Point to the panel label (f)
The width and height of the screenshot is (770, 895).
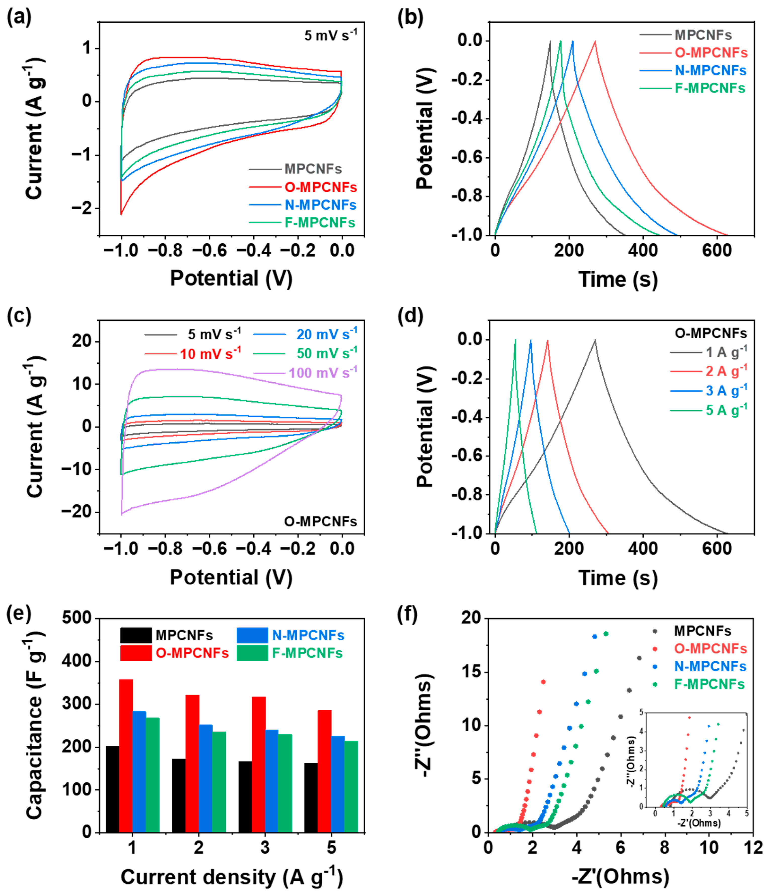407,615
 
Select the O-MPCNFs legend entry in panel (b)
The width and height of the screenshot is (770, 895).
710,53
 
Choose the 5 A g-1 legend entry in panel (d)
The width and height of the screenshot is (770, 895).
726,409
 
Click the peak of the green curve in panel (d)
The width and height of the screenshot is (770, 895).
515,340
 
